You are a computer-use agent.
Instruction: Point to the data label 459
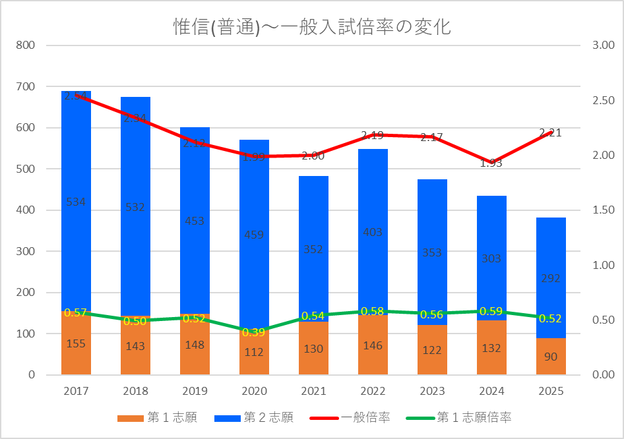(x=254, y=233)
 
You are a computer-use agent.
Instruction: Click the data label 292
(x=551, y=279)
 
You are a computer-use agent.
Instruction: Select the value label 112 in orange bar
(x=254, y=351)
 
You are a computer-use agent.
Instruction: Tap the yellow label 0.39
(x=254, y=332)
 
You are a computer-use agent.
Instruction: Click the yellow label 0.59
(x=491, y=311)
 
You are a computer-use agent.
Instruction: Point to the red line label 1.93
(x=491, y=163)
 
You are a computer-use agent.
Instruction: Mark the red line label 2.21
(x=551, y=132)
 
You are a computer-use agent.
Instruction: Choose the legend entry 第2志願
(x=268, y=417)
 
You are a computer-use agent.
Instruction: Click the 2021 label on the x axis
(x=313, y=391)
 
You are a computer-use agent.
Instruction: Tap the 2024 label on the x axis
(x=491, y=391)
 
